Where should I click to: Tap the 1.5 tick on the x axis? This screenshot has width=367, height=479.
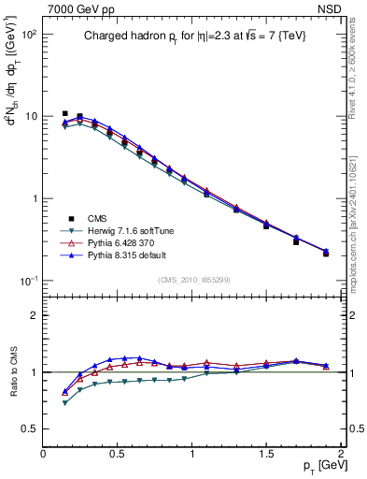pyautogui.click(x=266, y=454)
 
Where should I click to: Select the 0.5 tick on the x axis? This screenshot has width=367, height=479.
pyautogui.click(x=118, y=454)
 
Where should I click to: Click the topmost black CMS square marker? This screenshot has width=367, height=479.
pyautogui.click(x=64, y=114)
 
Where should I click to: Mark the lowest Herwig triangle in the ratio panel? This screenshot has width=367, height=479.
pyautogui.click(x=64, y=403)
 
